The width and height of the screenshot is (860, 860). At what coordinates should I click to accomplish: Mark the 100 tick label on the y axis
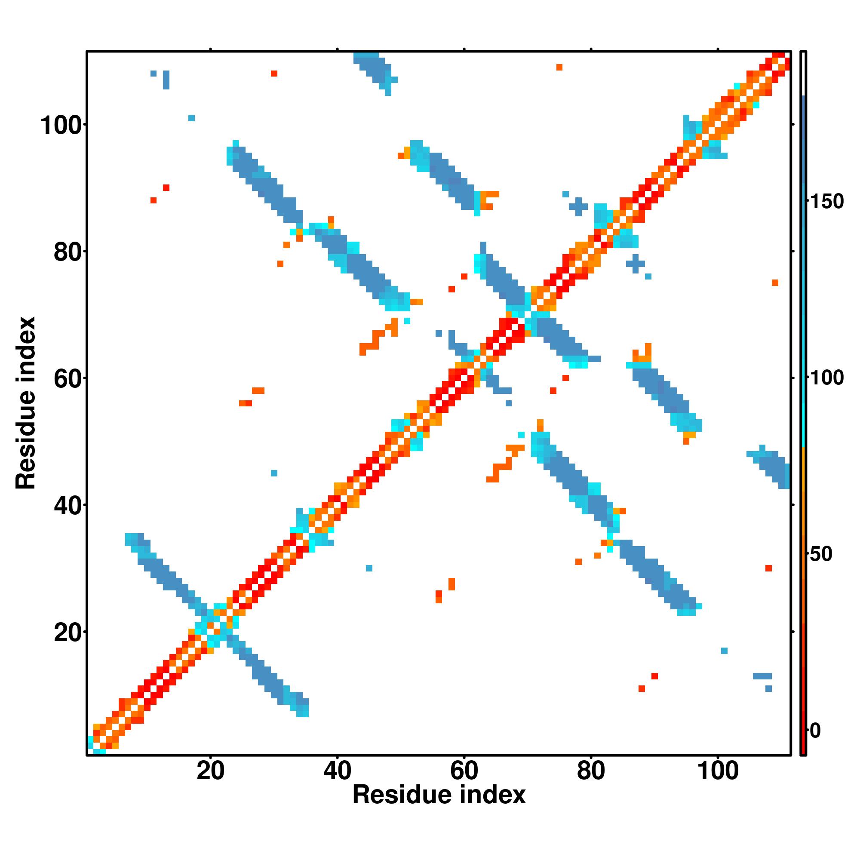[62, 126]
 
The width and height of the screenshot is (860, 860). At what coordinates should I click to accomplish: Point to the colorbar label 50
[821, 554]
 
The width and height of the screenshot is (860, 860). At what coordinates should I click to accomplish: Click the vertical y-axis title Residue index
[25, 403]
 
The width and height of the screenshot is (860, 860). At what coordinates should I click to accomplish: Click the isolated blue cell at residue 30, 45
[274, 473]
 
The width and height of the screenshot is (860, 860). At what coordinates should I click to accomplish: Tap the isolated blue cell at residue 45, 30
[369, 568]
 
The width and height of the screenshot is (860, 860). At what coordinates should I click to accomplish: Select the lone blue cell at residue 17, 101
[191, 118]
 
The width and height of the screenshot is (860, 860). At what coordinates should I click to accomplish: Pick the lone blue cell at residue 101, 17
[724, 651]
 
